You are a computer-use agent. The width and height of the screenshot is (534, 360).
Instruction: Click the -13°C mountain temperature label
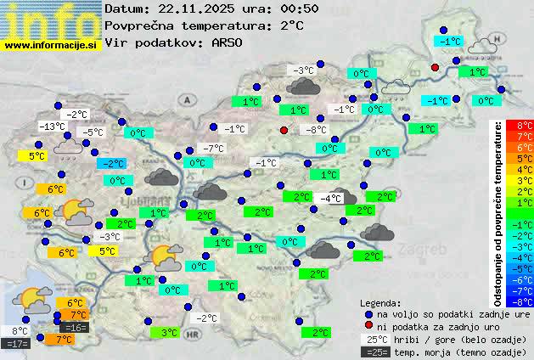(x=52, y=127)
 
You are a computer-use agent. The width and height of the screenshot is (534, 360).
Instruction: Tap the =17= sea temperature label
(x=17, y=344)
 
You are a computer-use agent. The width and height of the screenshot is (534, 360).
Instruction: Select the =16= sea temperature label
(x=74, y=328)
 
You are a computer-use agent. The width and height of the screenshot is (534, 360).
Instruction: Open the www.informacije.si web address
(x=50, y=44)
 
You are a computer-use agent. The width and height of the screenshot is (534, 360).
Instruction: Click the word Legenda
(x=381, y=302)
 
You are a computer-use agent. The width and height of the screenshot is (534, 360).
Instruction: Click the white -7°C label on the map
(x=213, y=149)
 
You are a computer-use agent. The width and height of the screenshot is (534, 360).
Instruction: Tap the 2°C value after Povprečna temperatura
(x=292, y=25)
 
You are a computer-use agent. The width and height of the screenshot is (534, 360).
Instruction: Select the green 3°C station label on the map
(x=169, y=333)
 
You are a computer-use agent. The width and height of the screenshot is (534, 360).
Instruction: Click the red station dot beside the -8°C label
(x=284, y=130)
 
